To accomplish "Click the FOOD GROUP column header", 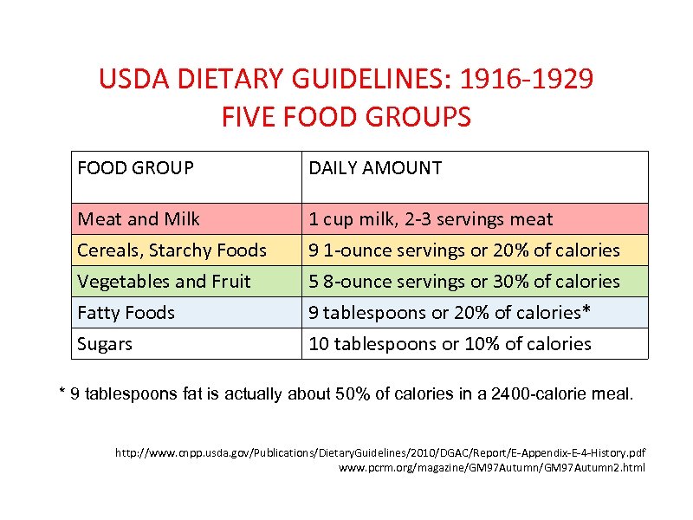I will (x=135, y=168).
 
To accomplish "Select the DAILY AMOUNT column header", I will (x=375, y=168).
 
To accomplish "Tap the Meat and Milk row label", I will (x=139, y=219).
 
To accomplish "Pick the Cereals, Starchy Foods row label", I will (x=172, y=250).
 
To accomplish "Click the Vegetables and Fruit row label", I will (x=164, y=282).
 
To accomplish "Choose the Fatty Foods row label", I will (x=126, y=313).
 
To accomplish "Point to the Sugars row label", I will (x=105, y=344).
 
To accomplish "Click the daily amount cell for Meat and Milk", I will (x=431, y=219).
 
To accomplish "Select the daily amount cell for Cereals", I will (x=464, y=250).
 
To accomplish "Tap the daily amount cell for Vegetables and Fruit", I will (x=464, y=282).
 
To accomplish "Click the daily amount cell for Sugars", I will (x=450, y=344).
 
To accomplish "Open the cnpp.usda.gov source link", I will (x=380, y=452).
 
